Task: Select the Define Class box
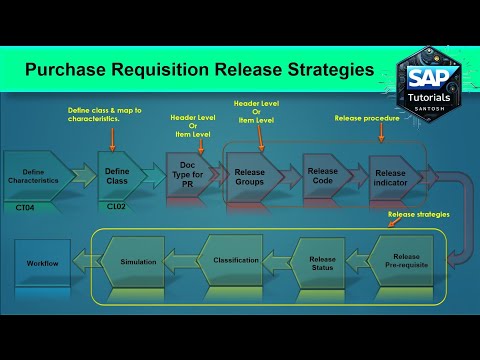pos(117,176)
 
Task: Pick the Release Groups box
pos(249,176)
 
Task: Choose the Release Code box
pos(322,176)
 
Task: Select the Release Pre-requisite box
pos(404,263)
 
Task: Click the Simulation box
pos(138,261)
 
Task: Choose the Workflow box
pos(42,262)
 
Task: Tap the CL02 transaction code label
pos(117,206)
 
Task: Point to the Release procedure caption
pos(367,118)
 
